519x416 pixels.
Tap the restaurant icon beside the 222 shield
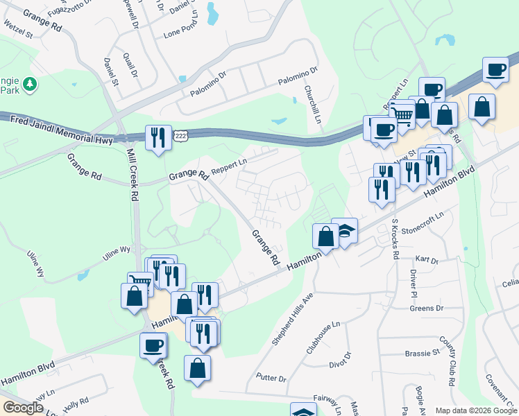(158, 137)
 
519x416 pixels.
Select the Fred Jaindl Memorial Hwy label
(61, 122)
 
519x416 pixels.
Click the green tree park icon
(29, 85)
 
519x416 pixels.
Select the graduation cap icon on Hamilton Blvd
(344, 231)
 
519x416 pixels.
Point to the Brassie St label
(423, 352)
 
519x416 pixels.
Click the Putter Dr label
(271, 379)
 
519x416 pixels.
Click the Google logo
(23, 408)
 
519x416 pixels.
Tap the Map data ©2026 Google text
(476, 410)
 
